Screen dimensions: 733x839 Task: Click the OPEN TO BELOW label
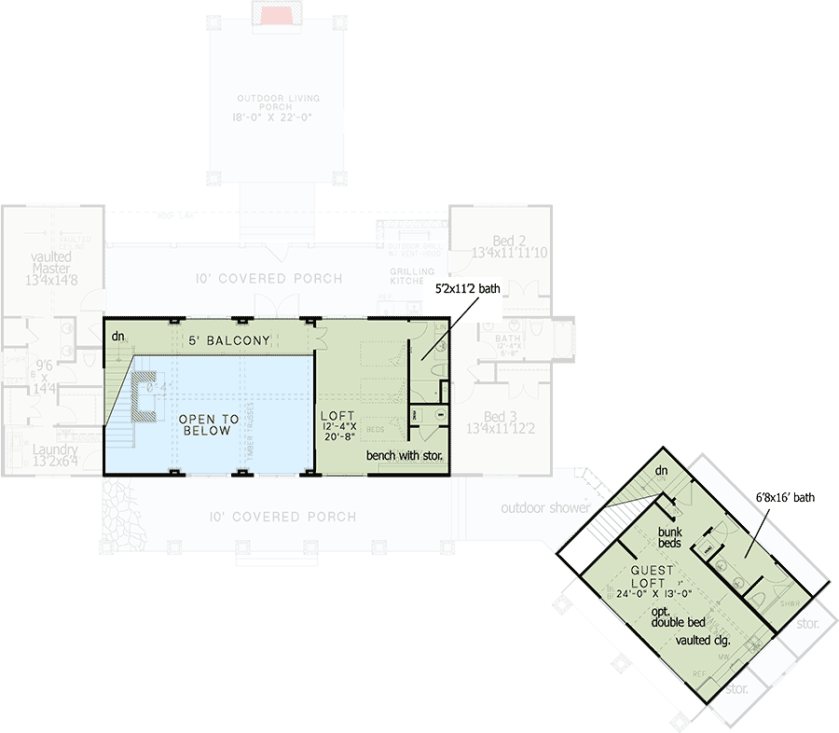tap(209, 426)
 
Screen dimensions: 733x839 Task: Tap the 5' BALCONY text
tap(228, 340)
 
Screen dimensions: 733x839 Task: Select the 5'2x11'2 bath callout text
tap(468, 289)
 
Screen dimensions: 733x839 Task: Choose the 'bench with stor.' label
tap(403, 457)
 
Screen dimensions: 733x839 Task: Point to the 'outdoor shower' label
tap(545, 508)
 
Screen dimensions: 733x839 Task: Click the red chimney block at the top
tap(277, 16)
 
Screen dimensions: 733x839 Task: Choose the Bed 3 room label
tap(501, 422)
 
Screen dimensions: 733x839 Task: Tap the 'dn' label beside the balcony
tap(117, 335)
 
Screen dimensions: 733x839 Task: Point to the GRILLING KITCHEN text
tap(406, 276)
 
